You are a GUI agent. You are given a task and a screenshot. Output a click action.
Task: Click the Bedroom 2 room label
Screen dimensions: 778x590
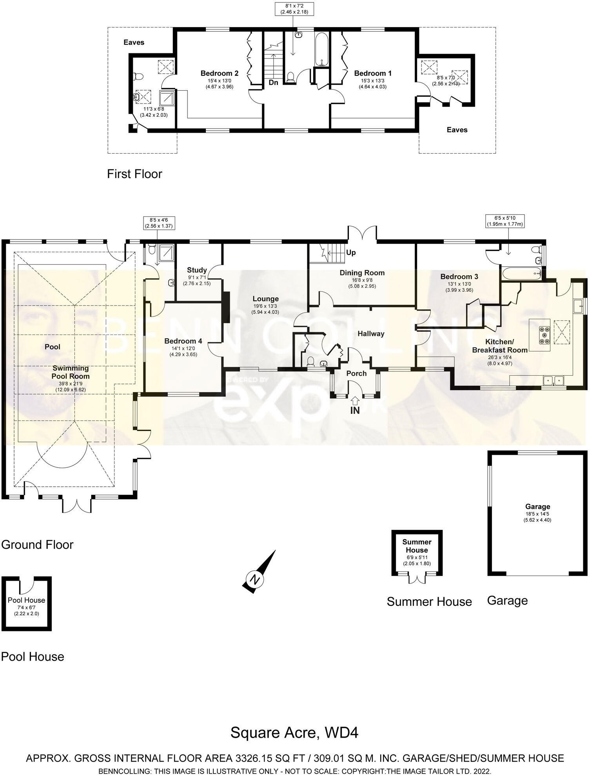click(219, 73)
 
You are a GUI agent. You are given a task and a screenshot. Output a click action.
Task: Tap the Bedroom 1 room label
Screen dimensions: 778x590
click(372, 73)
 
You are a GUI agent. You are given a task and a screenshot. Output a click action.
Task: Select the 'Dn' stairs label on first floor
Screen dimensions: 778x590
click(273, 83)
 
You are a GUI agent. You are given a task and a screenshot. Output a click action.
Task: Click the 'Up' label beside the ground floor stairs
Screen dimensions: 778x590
click(351, 253)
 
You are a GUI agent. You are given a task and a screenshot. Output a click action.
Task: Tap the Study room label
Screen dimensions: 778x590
click(196, 270)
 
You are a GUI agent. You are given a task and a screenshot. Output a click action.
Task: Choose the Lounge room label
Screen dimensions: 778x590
click(265, 299)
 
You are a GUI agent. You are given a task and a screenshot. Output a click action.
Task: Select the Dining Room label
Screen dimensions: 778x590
click(362, 273)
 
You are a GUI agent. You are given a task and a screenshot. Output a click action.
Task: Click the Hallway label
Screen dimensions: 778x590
click(370, 334)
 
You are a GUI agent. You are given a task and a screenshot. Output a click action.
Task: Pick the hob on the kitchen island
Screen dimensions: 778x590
click(544, 335)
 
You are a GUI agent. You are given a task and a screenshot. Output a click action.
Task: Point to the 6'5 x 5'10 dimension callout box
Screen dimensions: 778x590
click(505, 221)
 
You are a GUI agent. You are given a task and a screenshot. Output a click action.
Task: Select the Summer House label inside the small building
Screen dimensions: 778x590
click(417, 546)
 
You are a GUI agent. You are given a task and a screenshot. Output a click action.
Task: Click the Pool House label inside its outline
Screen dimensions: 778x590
click(26, 600)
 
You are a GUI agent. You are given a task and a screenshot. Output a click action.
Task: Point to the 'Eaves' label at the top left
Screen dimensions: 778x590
click(134, 42)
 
